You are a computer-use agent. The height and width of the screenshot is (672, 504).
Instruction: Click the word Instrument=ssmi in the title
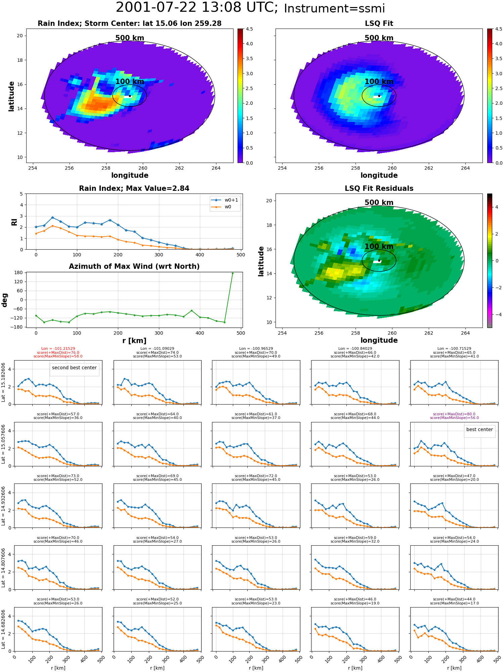(334, 8)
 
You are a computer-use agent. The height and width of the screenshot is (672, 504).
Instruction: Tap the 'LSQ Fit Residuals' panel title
(379, 188)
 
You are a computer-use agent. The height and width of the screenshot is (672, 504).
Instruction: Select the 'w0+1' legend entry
(225, 200)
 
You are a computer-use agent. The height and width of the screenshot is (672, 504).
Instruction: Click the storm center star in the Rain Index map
(130, 96)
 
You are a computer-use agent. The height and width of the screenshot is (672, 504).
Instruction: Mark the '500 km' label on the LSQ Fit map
(379, 38)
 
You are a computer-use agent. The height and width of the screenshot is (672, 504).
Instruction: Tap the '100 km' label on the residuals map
(379, 247)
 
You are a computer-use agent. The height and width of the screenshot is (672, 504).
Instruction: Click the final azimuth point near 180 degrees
(233, 273)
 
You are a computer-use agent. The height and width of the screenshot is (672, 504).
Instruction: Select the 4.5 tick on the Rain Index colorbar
(249, 29)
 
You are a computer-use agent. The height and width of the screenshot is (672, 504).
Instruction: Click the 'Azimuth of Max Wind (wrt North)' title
(134, 266)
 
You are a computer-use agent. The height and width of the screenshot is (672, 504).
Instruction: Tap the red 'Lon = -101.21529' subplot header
(58, 349)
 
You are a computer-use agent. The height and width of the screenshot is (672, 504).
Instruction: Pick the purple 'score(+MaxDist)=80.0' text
(454, 414)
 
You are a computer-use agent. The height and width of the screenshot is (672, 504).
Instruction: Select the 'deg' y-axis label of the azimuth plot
(5, 300)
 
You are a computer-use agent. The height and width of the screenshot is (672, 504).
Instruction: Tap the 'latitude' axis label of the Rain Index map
(11, 96)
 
